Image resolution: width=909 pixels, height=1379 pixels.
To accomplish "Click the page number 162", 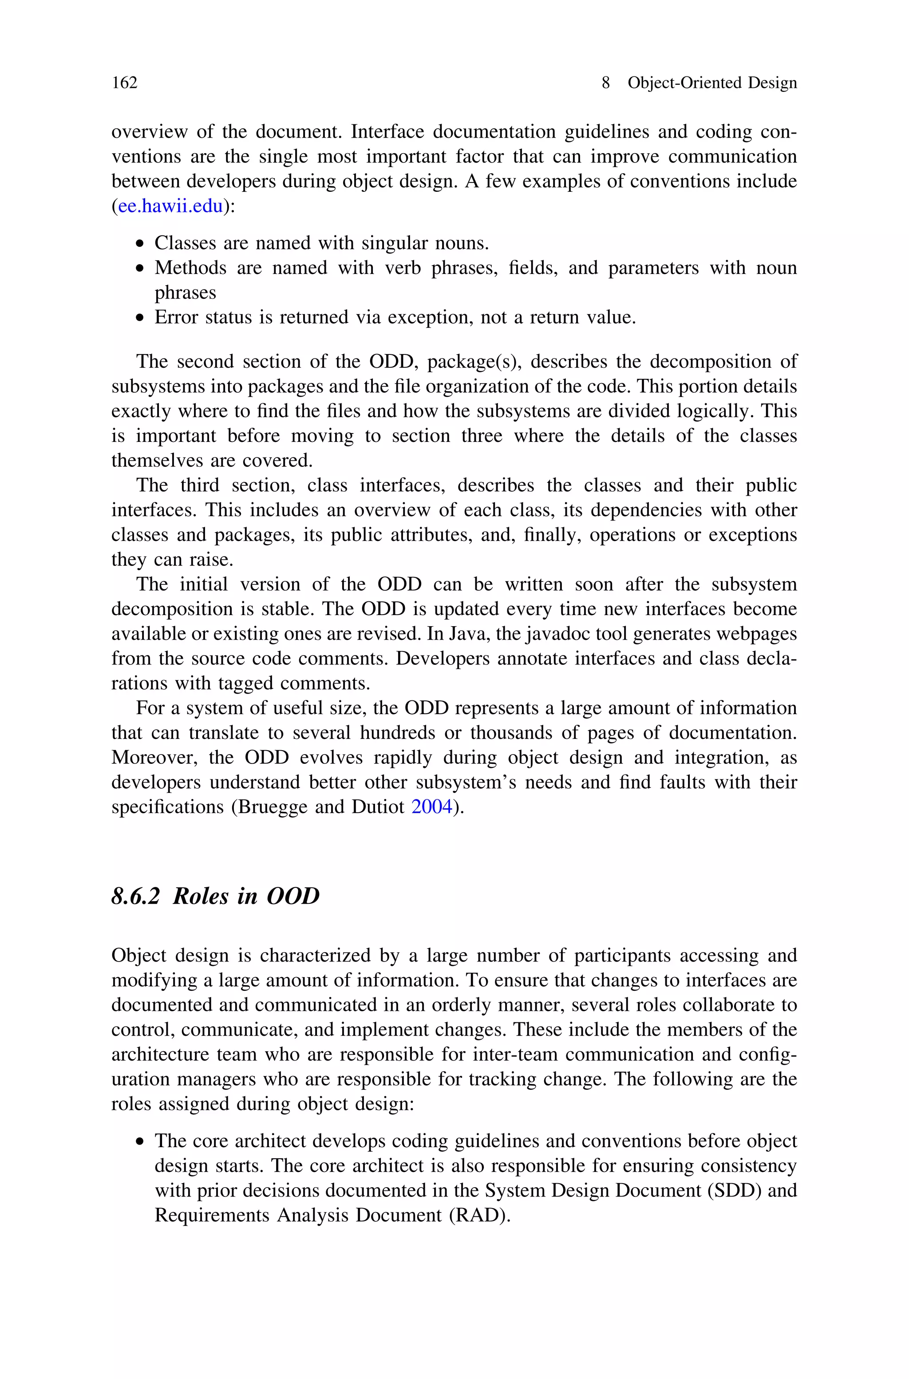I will (x=125, y=83).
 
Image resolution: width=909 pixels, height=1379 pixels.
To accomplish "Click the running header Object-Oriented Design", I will (x=712, y=83).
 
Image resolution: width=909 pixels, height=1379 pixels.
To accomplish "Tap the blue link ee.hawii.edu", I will (x=170, y=206).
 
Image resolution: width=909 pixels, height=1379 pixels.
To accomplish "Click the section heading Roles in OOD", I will (x=246, y=896).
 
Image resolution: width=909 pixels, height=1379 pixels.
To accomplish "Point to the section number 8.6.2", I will (x=135, y=896).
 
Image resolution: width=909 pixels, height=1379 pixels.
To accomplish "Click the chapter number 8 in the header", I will (x=606, y=83).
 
